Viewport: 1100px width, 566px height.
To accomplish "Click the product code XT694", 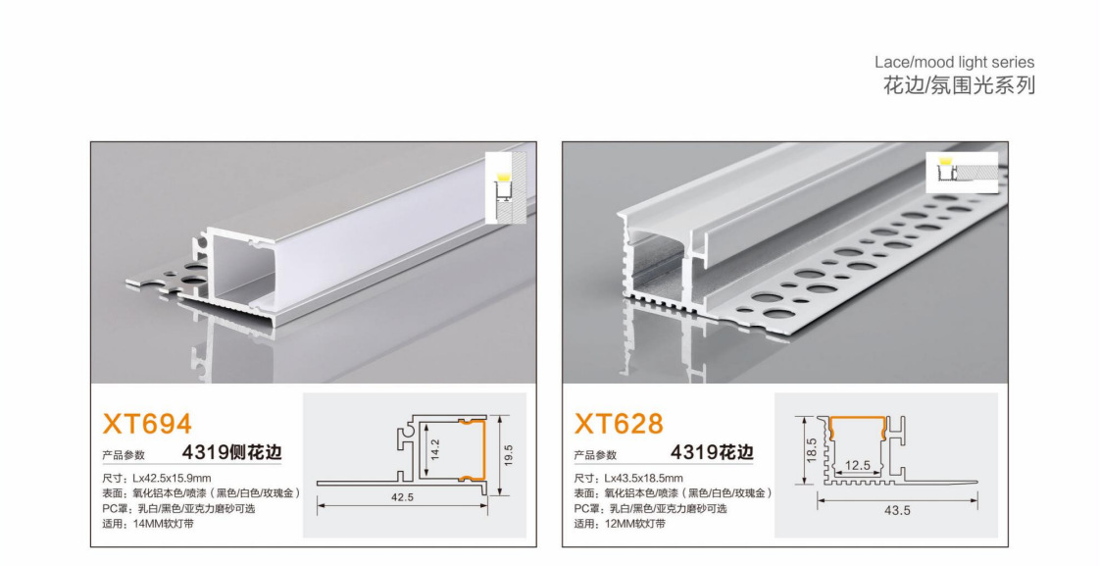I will pos(147,424).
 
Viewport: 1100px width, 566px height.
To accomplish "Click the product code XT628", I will pos(619,424).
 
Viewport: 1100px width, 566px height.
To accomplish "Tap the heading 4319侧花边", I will pos(231,453).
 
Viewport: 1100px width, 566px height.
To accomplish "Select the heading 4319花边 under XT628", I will pos(712,453).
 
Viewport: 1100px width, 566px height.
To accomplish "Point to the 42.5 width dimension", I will pos(402,497).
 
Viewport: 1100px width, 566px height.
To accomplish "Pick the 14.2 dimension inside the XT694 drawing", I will pos(435,450).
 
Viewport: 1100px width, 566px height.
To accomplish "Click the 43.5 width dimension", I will pos(897,510).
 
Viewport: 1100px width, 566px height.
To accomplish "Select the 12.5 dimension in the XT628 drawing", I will pos(857,465).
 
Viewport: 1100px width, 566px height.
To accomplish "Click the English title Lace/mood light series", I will pos(953,63).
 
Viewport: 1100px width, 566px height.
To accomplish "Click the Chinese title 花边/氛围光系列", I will pos(959,85).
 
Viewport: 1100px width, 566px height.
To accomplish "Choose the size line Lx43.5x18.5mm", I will pos(628,478).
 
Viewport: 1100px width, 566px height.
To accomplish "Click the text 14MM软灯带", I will pos(159,525).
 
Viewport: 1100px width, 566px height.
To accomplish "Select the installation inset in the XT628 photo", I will pos(961,173).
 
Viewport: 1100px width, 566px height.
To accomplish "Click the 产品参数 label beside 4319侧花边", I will pos(124,455).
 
